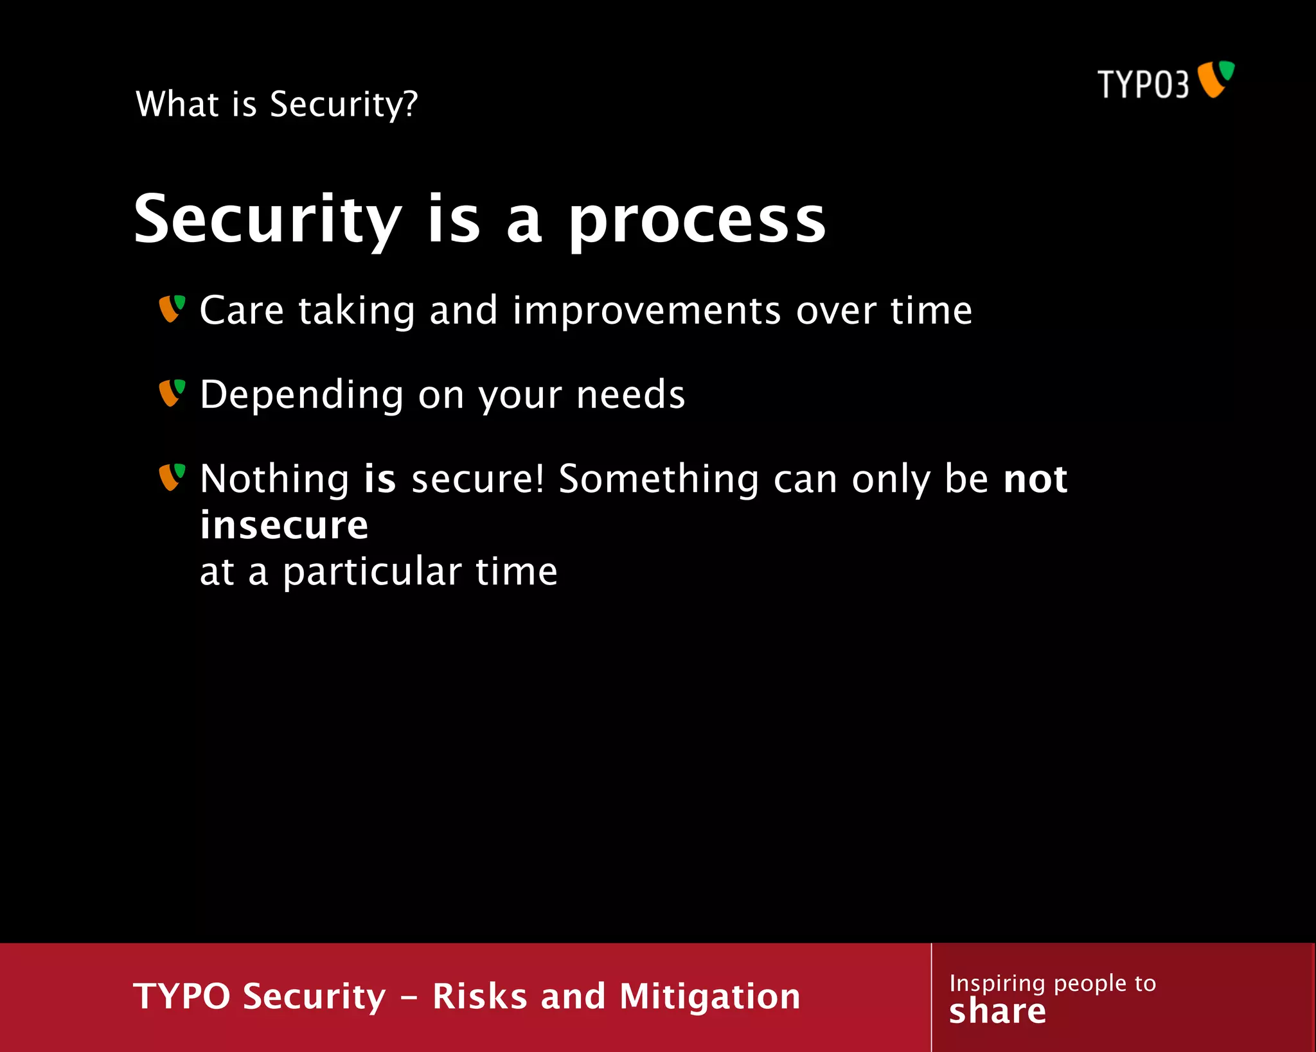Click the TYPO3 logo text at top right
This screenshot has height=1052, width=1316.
(x=1143, y=84)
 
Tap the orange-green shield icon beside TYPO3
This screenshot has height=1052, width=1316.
(x=1216, y=79)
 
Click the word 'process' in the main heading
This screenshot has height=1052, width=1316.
(x=697, y=222)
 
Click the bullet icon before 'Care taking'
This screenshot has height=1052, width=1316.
(x=172, y=308)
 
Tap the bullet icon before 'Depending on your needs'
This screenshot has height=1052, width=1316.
(x=172, y=392)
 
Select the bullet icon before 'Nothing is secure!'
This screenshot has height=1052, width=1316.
(x=172, y=477)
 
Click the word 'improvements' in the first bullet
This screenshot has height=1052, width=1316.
(x=647, y=311)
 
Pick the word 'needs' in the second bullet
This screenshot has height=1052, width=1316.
(x=630, y=394)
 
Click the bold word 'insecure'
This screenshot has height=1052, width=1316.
(x=284, y=525)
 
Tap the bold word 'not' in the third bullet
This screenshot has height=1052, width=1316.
(x=1035, y=479)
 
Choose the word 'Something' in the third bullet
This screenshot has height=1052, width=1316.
(x=659, y=479)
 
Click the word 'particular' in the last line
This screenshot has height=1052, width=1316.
(x=372, y=572)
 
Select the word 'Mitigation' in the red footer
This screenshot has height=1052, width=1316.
(x=709, y=996)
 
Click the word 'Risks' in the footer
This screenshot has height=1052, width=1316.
(x=479, y=996)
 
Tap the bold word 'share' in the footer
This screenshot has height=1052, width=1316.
(x=997, y=1012)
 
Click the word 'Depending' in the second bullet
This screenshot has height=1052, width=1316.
(x=301, y=394)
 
